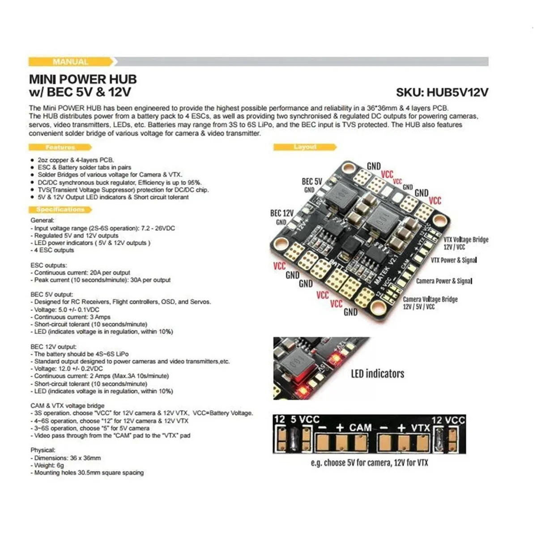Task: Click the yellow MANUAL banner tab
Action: point(70,62)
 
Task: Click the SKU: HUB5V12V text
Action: point(442,92)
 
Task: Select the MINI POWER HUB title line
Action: point(83,79)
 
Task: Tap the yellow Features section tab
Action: point(60,147)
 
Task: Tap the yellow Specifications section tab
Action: point(60,209)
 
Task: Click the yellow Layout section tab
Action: point(305,147)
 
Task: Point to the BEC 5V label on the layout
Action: point(312,181)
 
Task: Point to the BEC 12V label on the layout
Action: point(282,213)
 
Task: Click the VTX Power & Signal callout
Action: point(453,260)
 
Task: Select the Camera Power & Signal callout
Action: point(444,281)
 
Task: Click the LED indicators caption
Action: point(377,374)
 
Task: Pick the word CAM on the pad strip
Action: point(360,427)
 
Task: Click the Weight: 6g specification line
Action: point(49,465)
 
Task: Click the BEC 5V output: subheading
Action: point(51,294)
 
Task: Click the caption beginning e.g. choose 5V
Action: point(369,463)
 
